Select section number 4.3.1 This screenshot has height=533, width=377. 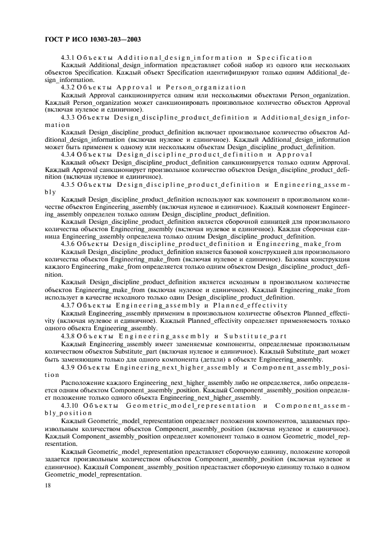click(68, 58)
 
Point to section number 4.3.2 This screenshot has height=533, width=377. click(68, 88)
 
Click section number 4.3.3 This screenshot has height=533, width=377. click(68, 117)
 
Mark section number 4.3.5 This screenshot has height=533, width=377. click(68, 184)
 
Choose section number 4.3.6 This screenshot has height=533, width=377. click(68, 244)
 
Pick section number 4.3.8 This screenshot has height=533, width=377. click(68, 336)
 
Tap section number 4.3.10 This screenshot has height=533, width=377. click(70, 405)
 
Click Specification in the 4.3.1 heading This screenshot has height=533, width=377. click(285, 58)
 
